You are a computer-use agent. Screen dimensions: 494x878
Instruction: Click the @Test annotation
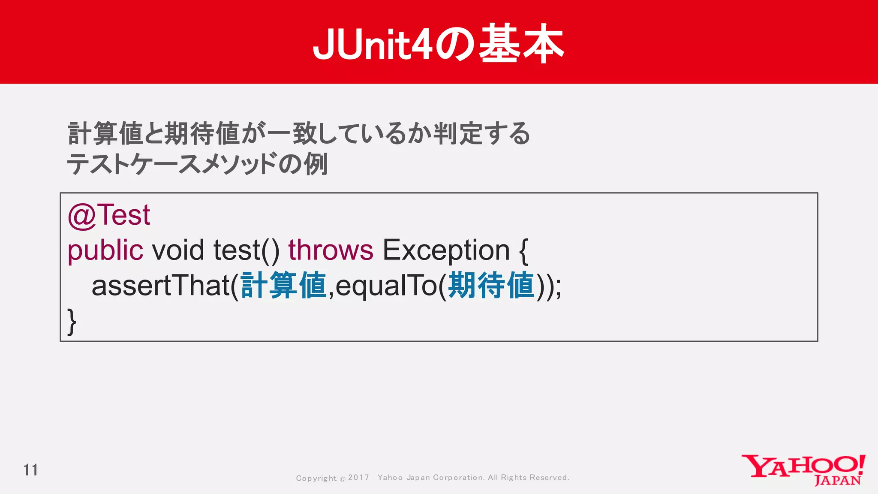pos(109,215)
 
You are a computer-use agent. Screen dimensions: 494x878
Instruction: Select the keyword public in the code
pos(105,250)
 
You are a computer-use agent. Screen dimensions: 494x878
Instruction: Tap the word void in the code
pos(178,250)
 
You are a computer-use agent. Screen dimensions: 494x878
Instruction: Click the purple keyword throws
pos(331,250)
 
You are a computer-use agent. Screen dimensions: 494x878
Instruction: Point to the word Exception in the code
pos(446,250)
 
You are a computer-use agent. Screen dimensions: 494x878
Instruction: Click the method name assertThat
pos(161,286)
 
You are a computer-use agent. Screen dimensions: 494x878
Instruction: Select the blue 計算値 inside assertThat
pos(284,286)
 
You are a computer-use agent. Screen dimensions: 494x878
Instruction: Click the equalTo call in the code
pos(386,286)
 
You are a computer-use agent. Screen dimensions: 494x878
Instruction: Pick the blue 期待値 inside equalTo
pos(491,286)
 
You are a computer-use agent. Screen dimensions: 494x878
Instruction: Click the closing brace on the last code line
pos(72,321)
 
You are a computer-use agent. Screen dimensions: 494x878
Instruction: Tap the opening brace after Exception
pos(523,251)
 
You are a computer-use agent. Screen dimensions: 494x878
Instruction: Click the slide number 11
pos(30,470)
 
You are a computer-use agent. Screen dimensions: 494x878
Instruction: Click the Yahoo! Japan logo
pos(803,470)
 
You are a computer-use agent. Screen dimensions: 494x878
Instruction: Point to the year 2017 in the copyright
pos(358,478)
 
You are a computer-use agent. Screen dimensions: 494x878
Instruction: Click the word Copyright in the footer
pos(316,478)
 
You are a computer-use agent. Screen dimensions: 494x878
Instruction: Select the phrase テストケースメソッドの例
pos(197,164)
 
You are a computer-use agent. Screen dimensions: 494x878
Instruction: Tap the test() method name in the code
pos(246,250)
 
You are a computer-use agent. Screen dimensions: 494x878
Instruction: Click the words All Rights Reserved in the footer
pos(528,478)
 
